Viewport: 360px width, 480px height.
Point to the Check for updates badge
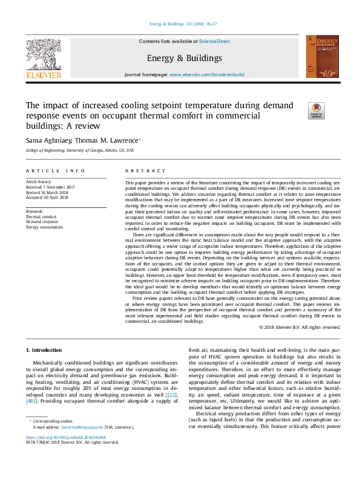[299, 111]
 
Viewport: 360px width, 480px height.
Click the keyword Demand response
[44, 222]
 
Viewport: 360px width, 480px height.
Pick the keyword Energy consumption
[45, 227]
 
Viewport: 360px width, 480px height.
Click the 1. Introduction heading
[44, 351]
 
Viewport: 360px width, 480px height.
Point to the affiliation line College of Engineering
[76, 150]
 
